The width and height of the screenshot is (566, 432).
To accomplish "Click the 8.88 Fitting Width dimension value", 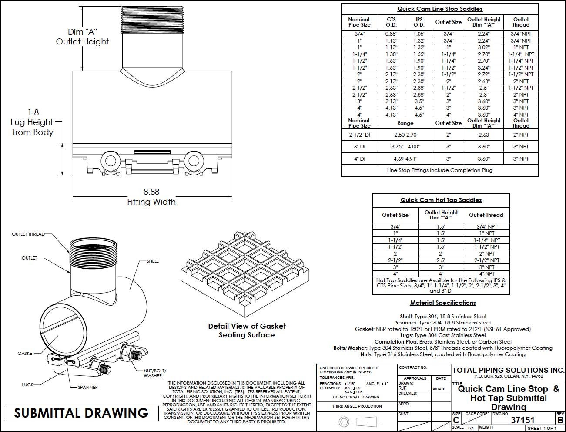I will click(x=151, y=191).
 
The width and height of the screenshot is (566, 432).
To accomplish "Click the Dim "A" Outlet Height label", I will click(x=82, y=37).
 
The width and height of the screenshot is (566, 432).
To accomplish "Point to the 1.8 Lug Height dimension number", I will click(x=33, y=112).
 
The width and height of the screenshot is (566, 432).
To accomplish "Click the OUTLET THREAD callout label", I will click(x=28, y=234).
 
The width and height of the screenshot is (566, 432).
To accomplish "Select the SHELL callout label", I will click(x=153, y=261).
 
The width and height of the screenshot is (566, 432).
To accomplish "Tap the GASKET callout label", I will click(x=26, y=353).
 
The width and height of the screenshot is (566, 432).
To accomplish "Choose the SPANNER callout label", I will click(x=87, y=387).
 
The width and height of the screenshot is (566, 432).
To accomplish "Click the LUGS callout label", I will click(x=27, y=385).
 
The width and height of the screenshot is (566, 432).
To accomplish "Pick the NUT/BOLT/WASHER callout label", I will click(x=155, y=373).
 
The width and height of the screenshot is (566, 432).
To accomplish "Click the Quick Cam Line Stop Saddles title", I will click(x=439, y=9).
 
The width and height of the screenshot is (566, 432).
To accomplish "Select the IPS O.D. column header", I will click(x=419, y=22).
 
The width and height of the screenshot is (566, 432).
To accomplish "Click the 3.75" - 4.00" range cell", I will click(x=405, y=147).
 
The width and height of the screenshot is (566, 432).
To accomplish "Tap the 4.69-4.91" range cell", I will click(x=405, y=159).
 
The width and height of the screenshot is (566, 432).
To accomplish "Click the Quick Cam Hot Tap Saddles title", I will click(x=441, y=200).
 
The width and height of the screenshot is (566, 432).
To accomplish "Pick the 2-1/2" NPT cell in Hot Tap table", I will click(x=486, y=260).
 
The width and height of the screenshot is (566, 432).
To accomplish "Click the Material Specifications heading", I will click(x=443, y=303).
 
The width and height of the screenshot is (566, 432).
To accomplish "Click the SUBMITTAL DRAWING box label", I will click(x=81, y=413).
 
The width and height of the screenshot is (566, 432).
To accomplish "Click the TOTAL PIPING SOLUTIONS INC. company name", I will click(x=508, y=370).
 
